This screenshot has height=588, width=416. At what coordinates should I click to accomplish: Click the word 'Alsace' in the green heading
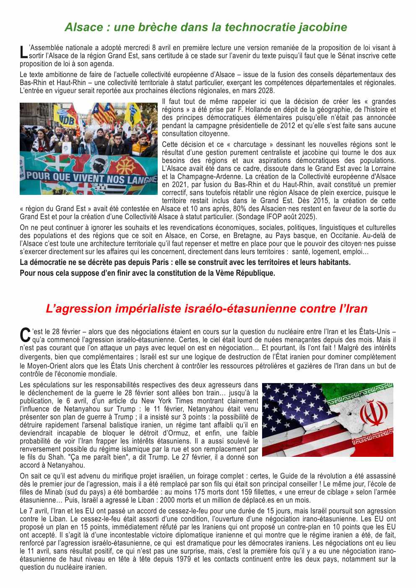(83, 27)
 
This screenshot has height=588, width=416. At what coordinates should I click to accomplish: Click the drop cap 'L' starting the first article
(23, 52)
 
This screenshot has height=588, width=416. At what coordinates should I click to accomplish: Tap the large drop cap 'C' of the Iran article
(25, 335)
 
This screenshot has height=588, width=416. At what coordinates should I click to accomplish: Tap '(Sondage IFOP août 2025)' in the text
(276, 217)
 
